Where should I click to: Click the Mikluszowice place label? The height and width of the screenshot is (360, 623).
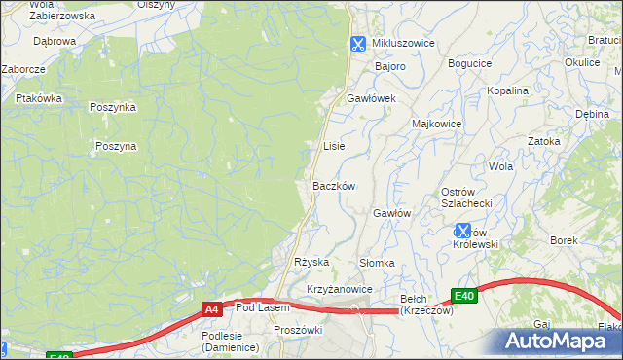(x=403, y=44)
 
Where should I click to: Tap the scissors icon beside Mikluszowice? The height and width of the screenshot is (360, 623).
(x=358, y=44)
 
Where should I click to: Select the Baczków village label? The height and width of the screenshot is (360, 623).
(x=334, y=186)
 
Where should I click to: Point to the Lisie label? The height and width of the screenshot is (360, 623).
(x=333, y=146)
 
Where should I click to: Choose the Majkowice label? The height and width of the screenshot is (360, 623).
(x=436, y=125)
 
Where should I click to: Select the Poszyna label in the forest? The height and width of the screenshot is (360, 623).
(x=116, y=146)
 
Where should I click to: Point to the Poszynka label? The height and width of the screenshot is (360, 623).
(x=113, y=107)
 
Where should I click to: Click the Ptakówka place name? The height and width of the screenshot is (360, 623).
(x=39, y=98)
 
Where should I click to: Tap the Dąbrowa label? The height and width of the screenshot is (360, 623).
(x=55, y=42)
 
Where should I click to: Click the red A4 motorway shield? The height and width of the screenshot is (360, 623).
(x=211, y=309)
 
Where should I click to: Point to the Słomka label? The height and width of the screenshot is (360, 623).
(x=377, y=263)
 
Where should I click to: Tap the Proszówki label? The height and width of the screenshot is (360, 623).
(x=298, y=330)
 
